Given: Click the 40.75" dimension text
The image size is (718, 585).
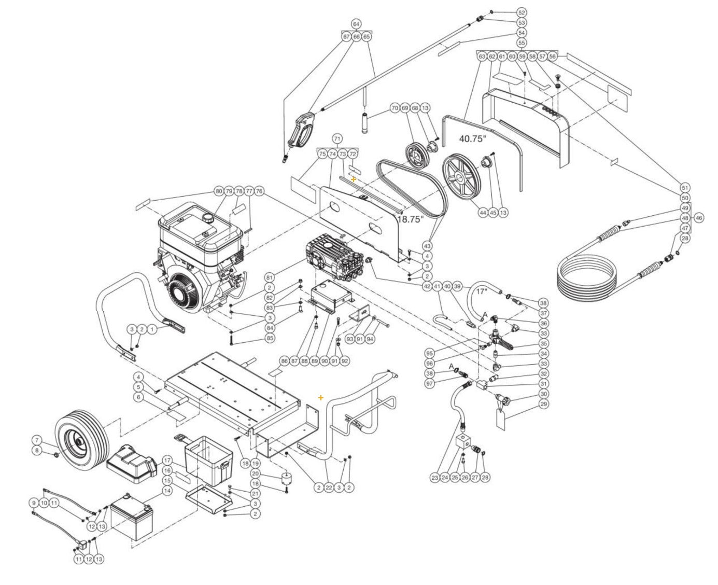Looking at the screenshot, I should tap(473, 139).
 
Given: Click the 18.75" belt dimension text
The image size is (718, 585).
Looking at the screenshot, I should tap(410, 219).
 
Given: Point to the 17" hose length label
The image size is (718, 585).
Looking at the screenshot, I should tap(482, 291).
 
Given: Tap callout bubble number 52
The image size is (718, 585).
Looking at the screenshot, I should tap(522, 12).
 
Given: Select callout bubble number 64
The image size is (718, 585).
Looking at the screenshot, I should tap(356, 24).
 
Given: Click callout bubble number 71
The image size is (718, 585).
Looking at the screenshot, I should tap(337, 139).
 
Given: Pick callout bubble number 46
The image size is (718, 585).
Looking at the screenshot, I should tap(698, 218).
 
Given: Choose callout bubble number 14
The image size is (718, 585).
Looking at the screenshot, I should tap(167, 490).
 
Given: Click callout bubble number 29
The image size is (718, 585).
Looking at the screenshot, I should tap(543, 404).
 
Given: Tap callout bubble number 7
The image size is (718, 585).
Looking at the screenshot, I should tap(36, 440).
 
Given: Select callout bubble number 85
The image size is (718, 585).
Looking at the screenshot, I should tap(270, 338).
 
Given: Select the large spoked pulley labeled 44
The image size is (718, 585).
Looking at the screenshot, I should tap(460, 178).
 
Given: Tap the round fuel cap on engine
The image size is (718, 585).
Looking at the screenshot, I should tap(208, 216).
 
